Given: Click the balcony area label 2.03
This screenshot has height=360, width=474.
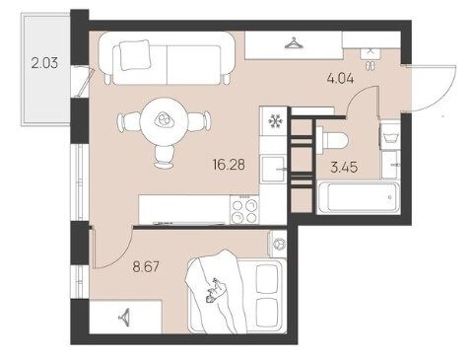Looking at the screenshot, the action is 44,62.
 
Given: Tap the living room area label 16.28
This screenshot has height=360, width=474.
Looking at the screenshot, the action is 229,164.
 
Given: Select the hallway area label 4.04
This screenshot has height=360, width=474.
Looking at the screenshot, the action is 340,78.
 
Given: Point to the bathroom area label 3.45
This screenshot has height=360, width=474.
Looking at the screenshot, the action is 344,167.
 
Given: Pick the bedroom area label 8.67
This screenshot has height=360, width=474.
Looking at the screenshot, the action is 146,266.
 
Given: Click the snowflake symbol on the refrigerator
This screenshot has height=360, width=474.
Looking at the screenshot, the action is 275,121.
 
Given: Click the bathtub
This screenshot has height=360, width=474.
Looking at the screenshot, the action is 358,197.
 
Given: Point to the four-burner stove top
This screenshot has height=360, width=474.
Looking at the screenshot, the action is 244,210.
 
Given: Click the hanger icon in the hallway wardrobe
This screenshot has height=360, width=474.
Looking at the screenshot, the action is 294,43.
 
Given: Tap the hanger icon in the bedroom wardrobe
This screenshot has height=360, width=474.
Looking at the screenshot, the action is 125,317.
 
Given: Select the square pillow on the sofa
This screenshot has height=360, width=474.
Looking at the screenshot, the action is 134,55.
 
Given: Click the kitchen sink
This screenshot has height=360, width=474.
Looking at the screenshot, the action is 273,169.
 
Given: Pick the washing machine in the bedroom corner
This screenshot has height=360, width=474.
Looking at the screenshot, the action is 278,244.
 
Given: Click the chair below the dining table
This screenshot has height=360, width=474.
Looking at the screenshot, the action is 165,157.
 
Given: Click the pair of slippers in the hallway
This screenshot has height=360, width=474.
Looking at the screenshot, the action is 372,65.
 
